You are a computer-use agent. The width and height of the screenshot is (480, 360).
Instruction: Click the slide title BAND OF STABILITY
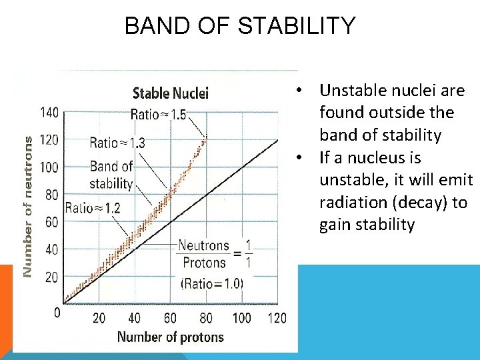point(240,26)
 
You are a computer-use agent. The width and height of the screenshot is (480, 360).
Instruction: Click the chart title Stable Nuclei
point(171,93)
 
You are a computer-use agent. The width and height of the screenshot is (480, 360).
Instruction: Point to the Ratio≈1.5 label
point(159,114)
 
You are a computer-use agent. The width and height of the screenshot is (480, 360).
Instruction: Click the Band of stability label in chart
point(111,175)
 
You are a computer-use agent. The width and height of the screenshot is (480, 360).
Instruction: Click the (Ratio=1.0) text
point(212,283)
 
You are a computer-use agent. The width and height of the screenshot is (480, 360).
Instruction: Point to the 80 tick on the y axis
point(51,194)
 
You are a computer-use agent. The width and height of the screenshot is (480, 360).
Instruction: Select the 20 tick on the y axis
point(51,277)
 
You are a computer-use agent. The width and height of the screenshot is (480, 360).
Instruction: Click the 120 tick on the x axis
point(277,317)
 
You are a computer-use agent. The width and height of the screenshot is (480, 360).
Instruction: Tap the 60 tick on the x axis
point(170,317)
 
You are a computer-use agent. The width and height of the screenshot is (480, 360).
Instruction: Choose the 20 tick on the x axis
point(99,317)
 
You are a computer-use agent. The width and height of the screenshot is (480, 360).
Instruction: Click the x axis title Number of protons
point(171,337)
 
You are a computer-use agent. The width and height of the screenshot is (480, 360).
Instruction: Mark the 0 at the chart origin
point(57,312)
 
